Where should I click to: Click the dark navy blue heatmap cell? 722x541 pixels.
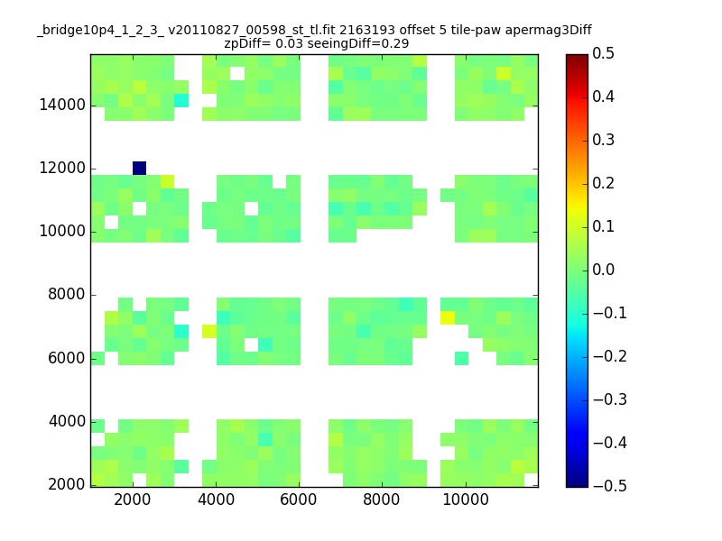(x=140, y=168)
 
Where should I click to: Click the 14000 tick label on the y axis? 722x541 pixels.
(x=62, y=105)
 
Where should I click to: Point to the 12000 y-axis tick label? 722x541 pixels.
(x=62, y=168)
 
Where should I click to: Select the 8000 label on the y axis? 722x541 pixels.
(x=67, y=294)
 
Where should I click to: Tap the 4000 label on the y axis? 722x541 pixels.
(x=67, y=421)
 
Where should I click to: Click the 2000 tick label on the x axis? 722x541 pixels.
(x=132, y=500)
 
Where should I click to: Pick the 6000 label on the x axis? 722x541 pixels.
(x=299, y=500)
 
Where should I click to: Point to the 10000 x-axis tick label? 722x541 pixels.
(x=466, y=500)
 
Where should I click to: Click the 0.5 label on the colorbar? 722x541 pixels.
(x=603, y=53)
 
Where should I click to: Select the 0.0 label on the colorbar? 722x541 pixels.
(x=603, y=270)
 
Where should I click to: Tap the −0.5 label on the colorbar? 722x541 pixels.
(x=610, y=486)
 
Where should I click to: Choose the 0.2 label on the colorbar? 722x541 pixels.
(x=603, y=183)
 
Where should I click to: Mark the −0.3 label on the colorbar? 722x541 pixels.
(x=610, y=399)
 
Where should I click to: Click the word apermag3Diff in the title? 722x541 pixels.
(x=548, y=31)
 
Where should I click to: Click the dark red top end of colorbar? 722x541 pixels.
(x=577, y=57)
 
